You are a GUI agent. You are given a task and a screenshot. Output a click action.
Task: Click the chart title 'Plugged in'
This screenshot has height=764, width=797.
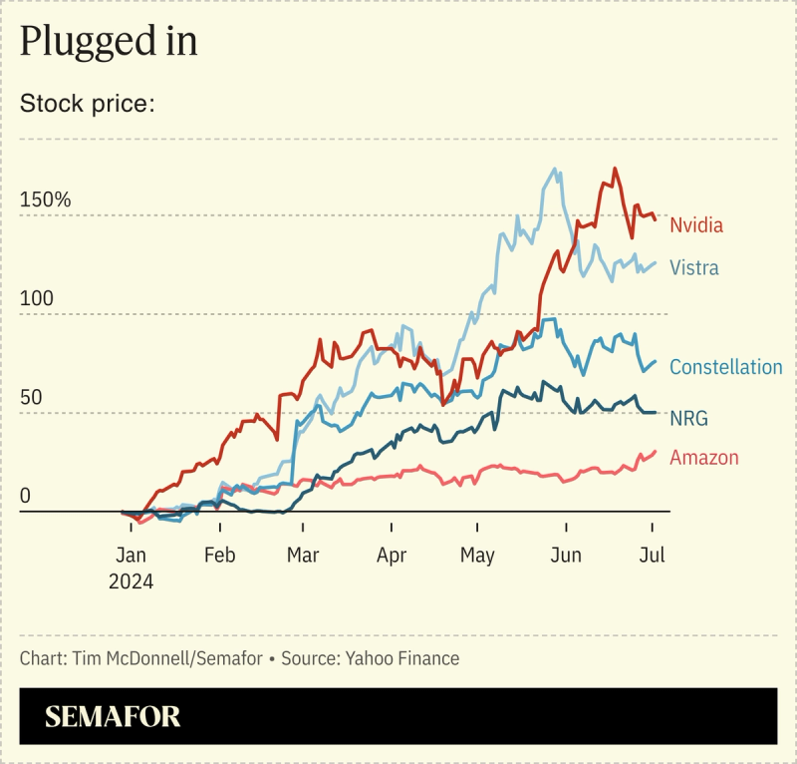(109, 42)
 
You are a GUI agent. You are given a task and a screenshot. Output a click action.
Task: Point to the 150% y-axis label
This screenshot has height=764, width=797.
(46, 199)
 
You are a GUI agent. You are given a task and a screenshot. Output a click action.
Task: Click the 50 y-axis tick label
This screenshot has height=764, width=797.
(32, 397)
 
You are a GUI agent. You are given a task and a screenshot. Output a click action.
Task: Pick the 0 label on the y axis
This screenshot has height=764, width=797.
(26, 496)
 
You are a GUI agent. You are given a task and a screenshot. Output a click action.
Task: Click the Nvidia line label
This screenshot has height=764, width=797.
(696, 224)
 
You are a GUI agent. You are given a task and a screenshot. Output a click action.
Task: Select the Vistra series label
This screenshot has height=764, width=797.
(694, 267)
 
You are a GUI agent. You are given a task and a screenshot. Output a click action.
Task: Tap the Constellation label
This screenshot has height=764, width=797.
(726, 367)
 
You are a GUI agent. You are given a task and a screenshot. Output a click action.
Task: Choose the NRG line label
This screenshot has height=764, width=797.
(688, 418)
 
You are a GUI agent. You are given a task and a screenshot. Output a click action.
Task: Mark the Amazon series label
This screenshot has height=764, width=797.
(704, 458)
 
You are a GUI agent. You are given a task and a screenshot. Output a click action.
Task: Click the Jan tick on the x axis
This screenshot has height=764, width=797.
(131, 556)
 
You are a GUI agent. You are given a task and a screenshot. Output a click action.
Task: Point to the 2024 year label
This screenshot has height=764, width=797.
(131, 581)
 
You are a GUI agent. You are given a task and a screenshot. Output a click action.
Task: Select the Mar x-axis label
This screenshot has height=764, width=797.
(302, 556)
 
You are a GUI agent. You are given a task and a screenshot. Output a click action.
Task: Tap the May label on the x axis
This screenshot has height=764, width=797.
(477, 556)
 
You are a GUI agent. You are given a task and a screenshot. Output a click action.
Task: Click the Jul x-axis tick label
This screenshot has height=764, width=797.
(652, 556)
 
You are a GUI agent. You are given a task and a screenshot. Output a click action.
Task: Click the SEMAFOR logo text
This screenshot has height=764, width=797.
(113, 716)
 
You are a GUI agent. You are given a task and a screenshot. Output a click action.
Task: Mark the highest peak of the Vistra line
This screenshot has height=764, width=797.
(555, 169)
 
